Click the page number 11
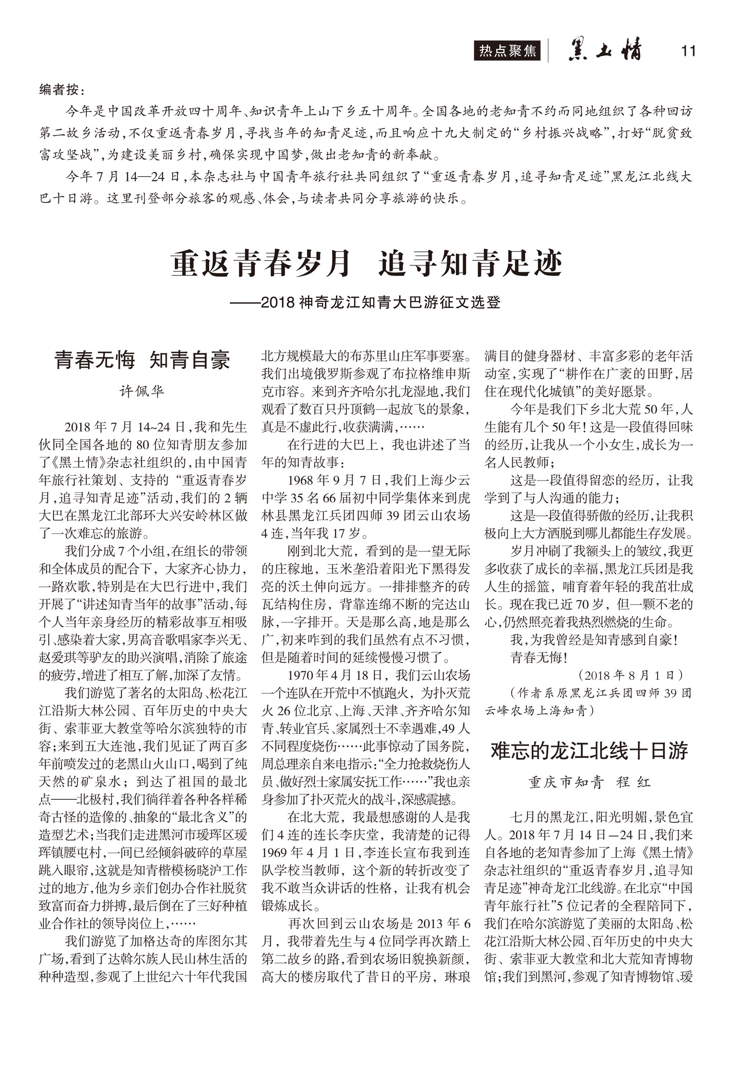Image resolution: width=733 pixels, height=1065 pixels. click(x=688, y=51)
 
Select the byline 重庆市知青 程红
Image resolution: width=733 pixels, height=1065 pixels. click(x=589, y=783)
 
